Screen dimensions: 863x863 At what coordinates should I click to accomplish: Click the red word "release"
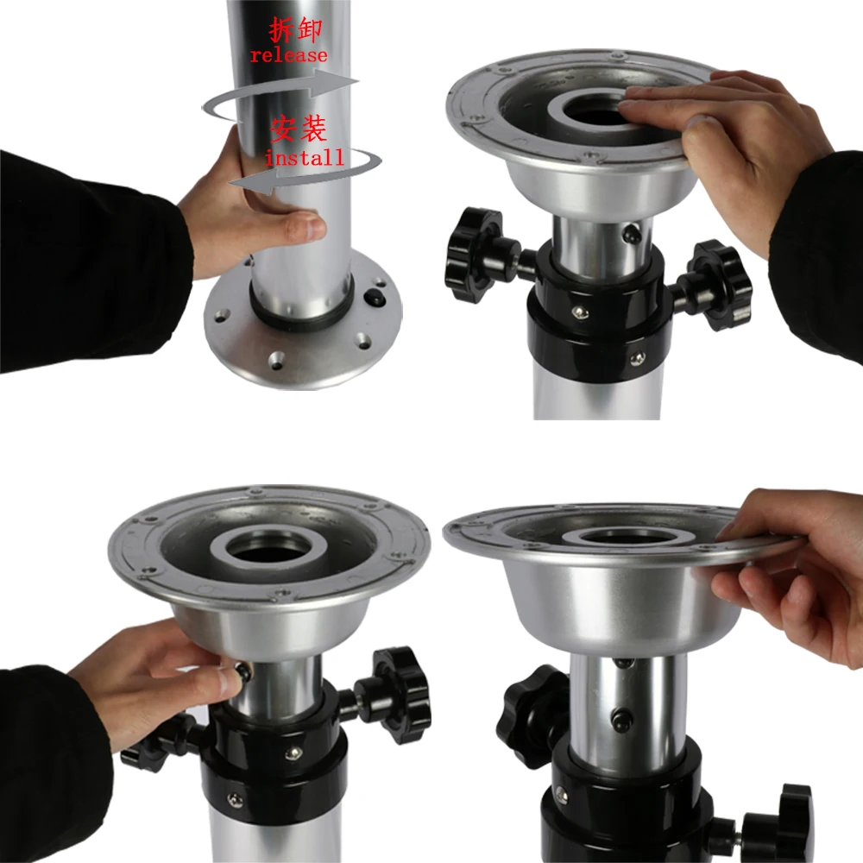coord(288,55)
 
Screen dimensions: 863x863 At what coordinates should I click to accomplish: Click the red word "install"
coord(304,158)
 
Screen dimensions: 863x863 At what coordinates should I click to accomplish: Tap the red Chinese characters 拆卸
coord(295,32)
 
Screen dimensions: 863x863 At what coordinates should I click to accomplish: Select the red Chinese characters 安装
coord(299,130)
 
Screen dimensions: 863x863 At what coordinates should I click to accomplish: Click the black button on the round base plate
coord(375,298)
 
